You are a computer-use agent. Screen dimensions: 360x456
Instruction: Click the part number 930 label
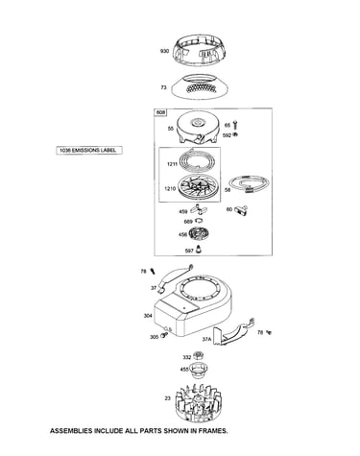(164, 51)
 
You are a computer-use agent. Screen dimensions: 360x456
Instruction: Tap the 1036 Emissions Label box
(89, 150)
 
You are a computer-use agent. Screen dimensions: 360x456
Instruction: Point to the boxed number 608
(161, 112)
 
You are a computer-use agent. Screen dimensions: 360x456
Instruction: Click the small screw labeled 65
(235, 124)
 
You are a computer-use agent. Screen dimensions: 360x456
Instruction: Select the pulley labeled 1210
(196, 187)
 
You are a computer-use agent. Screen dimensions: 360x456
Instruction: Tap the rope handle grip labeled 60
(241, 210)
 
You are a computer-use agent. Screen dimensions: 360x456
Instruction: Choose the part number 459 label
(183, 211)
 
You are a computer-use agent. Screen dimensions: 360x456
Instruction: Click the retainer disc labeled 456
(199, 234)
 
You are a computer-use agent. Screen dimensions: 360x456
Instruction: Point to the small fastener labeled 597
(199, 250)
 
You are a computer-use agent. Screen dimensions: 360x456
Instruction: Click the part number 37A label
(206, 339)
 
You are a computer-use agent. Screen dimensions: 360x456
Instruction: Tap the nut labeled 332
(199, 355)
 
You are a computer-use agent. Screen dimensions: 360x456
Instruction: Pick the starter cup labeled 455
(198, 370)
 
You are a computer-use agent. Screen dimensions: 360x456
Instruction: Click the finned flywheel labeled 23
(199, 403)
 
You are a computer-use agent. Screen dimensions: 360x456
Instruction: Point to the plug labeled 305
(164, 335)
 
